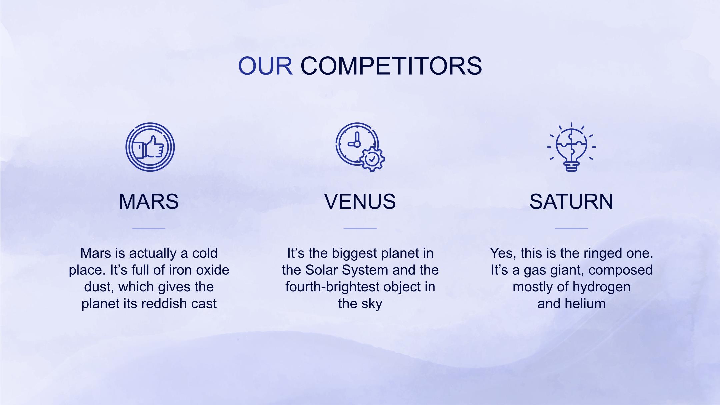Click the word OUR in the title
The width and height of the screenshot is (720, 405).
click(265, 66)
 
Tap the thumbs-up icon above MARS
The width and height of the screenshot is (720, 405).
click(150, 147)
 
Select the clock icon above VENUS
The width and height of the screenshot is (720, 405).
click(360, 147)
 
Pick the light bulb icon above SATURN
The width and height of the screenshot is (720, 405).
click(571, 147)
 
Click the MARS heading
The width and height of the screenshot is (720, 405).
click(149, 201)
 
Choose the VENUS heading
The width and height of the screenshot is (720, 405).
click(360, 201)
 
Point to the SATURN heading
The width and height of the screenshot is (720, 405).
click(571, 201)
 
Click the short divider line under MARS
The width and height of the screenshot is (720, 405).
click(149, 229)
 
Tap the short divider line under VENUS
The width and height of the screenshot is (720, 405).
click(360, 229)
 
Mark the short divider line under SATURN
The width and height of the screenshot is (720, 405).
click(571, 229)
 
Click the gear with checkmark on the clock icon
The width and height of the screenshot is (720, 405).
click(372, 159)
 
